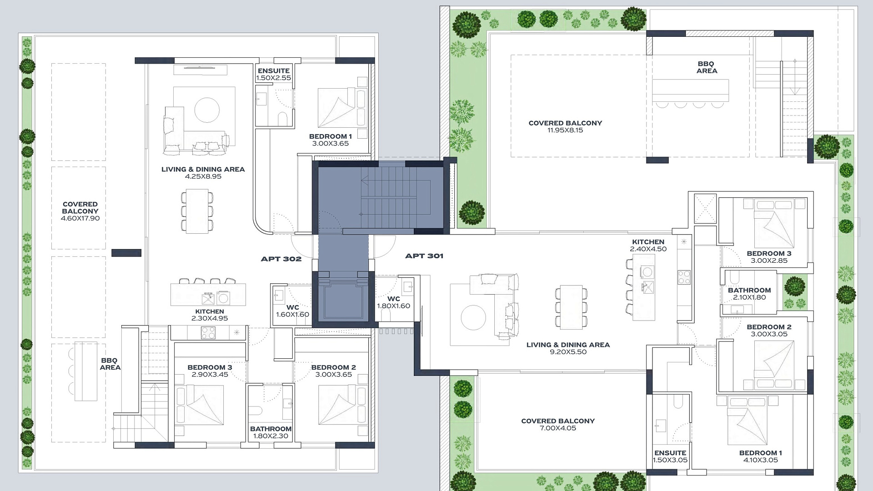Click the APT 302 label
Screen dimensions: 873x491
point(281,259)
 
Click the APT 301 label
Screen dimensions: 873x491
point(424,256)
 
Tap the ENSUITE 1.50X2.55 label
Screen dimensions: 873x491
point(273,74)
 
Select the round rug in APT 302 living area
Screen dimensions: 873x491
point(207,110)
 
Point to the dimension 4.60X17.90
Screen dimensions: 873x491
point(80,218)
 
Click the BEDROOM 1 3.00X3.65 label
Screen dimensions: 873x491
point(331,140)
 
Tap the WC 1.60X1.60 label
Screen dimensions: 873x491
point(292,311)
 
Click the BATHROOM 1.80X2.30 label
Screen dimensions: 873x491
point(271,432)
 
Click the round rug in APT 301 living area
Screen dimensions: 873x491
point(473,317)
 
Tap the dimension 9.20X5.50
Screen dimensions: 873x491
point(568,352)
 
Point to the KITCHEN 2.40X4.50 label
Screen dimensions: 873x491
point(648,245)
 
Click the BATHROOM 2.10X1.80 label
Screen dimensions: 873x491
point(749,294)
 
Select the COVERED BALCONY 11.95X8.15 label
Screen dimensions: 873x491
point(565,126)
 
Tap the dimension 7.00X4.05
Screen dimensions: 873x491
point(558,428)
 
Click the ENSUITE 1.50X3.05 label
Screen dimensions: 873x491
point(670,456)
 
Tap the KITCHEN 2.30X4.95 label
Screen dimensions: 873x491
point(210,315)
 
